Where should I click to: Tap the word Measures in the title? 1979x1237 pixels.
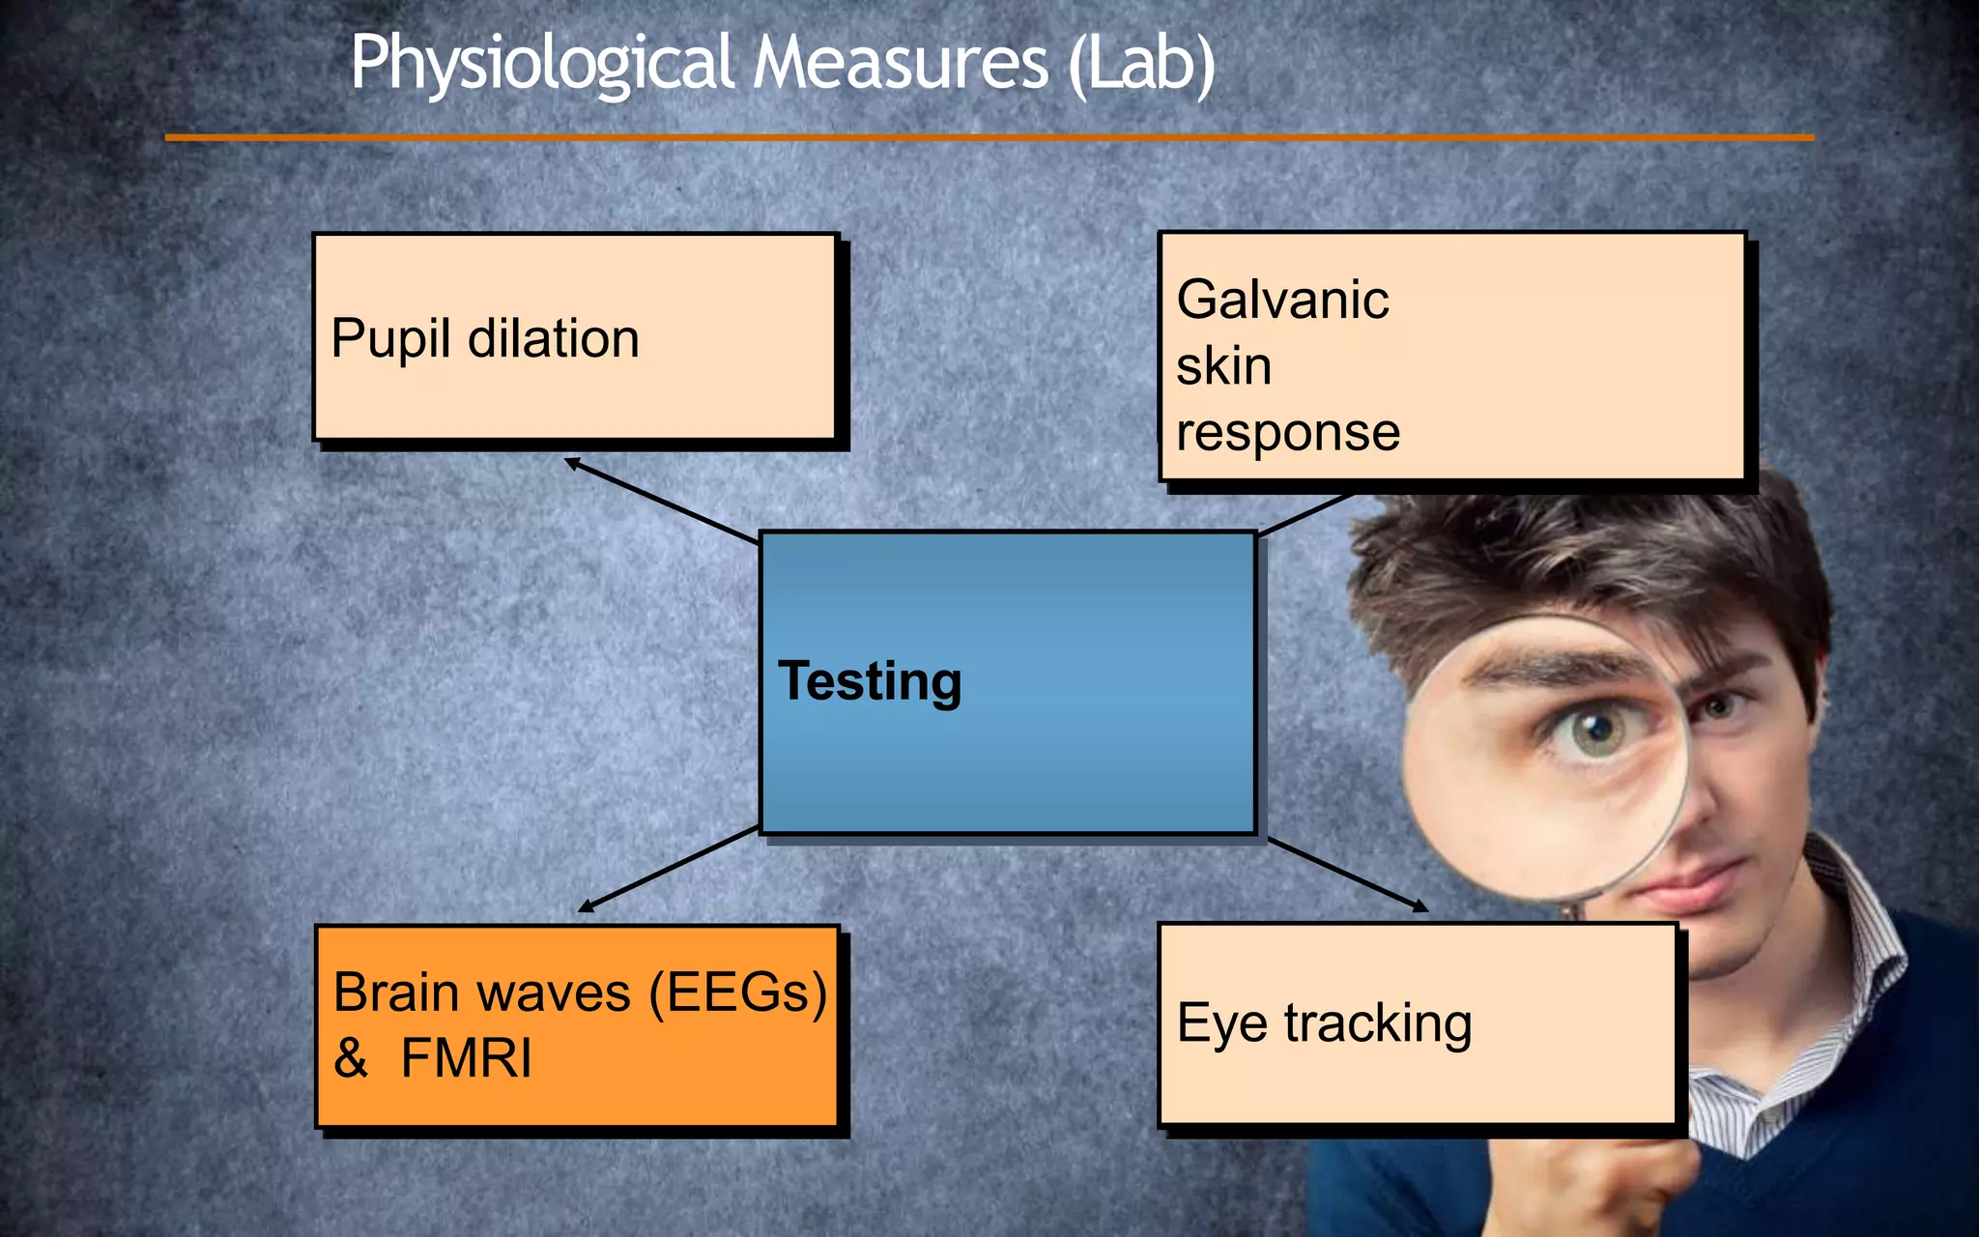pos(900,64)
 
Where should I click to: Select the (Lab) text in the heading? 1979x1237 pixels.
pos(1142,64)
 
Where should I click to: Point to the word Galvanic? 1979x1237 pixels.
pos(1282,300)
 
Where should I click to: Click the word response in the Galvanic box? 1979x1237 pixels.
pos(1288,432)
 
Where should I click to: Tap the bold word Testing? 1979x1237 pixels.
pos(870,681)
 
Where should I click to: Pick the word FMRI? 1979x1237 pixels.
pos(466,1058)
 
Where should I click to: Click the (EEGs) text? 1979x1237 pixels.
pos(738,993)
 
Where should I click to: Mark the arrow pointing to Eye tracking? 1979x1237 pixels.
pos(1348,875)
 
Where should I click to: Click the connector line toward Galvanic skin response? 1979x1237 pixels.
pos(1305,514)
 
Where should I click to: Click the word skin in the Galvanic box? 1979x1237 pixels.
pos(1223,366)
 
